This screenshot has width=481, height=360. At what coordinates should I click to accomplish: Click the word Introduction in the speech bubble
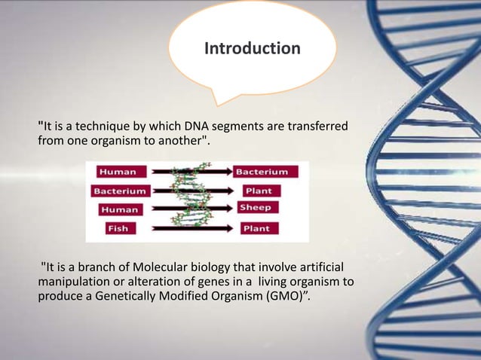tap(252, 49)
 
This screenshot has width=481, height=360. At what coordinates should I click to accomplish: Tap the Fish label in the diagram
tap(118, 228)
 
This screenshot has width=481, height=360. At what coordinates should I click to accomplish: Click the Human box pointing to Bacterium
tap(118, 171)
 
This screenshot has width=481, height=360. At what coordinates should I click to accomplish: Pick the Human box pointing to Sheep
tap(118, 209)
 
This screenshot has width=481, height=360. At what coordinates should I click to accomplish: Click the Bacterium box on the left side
tap(121, 191)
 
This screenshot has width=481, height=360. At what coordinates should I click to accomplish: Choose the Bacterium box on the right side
tap(265, 171)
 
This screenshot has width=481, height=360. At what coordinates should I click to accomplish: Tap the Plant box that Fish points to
tap(259, 228)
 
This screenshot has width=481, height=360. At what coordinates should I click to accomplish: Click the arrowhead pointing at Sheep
tap(230, 208)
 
